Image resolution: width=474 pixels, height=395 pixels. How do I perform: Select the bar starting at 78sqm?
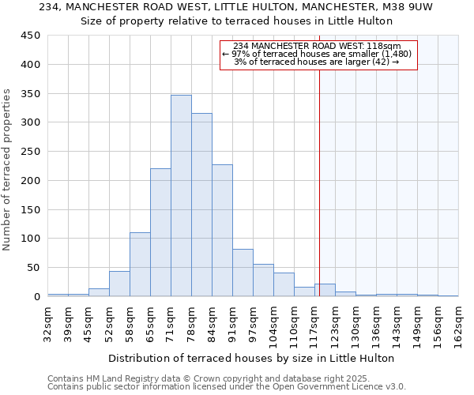(x=201, y=205)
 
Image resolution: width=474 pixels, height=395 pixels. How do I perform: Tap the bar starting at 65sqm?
(x=160, y=233)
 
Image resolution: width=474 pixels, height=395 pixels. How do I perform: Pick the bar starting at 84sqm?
(x=222, y=231)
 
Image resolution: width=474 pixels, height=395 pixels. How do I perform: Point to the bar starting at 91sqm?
(x=243, y=273)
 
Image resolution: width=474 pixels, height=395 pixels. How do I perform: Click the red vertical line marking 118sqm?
(x=319, y=182)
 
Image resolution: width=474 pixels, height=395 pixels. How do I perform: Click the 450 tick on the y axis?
(x=31, y=36)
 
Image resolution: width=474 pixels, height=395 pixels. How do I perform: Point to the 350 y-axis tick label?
(x=31, y=94)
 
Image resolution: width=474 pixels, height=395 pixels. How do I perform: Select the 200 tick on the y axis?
(x=31, y=181)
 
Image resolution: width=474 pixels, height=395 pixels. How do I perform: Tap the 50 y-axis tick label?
(x=34, y=268)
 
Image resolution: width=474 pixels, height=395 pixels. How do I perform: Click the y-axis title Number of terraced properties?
(x=8, y=169)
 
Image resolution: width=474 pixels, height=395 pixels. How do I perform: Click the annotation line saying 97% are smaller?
(x=317, y=54)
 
